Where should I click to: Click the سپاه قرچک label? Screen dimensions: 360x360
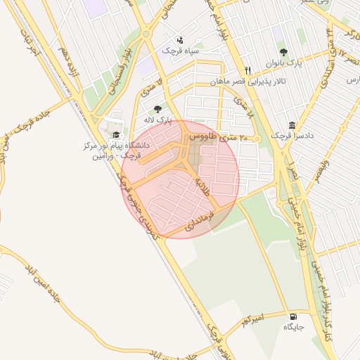[180, 51]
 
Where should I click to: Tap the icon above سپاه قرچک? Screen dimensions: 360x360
[181, 40]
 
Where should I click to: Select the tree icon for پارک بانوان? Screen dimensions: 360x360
[283, 52]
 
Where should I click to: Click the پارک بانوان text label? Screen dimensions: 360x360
[284, 63]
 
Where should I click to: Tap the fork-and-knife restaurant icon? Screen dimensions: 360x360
[247, 70]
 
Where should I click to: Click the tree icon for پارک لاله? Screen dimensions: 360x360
[157, 109]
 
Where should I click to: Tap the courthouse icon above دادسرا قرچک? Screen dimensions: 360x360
[293, 124]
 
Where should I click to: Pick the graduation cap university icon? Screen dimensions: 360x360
[116, 135]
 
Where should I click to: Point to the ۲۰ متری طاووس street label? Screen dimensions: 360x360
[210, 136]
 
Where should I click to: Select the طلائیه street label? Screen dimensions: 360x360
[202, 186]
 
